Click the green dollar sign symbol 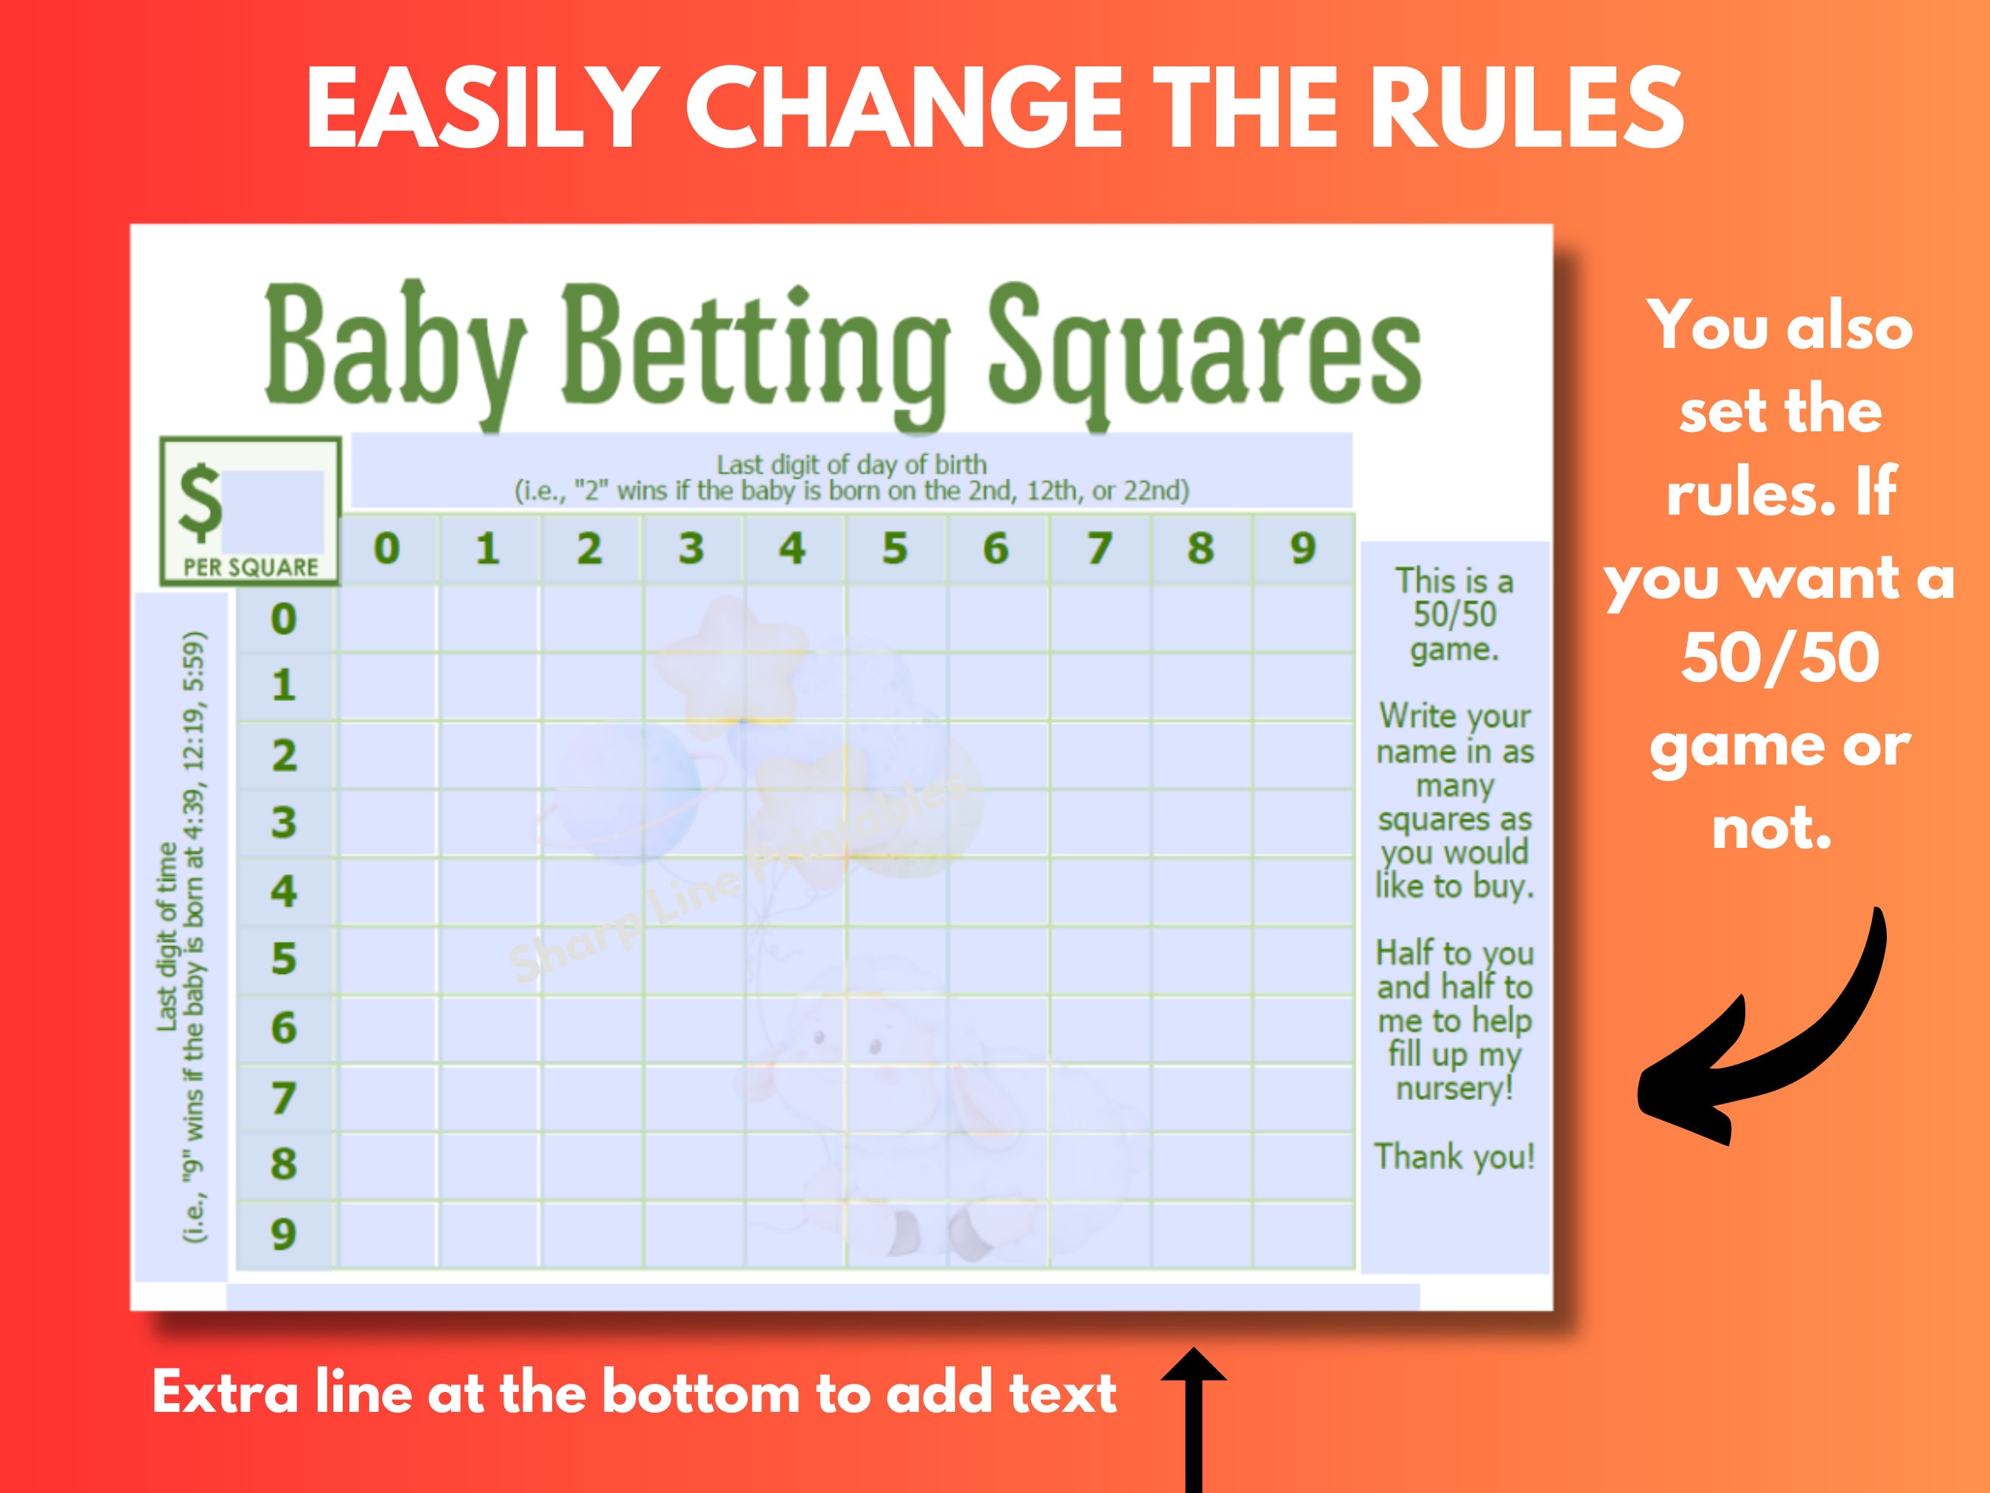coord(200,504)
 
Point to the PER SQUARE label coord(251,567)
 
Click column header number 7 coord(1098,548)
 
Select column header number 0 coord(387,548)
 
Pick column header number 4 coord(792,548)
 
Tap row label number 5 coord(283,958)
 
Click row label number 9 coord(283,1233)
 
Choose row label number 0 coord(283,619)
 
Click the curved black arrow coord(1763,1035)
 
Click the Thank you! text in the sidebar coord(1454,1156)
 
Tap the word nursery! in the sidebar coord(1454,1089)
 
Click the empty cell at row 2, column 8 coord(1201,755)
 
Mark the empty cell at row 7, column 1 coord(489,1098)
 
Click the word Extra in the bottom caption coord(225,1393)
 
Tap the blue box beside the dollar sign coord(273,509)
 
